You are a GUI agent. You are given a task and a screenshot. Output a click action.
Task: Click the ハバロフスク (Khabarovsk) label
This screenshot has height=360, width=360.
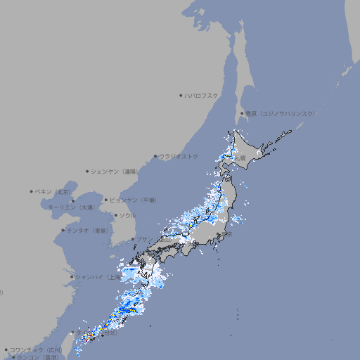(202, 95)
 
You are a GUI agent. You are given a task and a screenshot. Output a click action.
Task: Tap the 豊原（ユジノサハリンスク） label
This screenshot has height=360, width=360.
(280, 113)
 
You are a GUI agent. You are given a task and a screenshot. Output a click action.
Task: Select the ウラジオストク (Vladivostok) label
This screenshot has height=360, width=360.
(179, 156)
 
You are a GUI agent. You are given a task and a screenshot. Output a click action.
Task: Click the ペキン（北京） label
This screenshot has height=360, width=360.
(53, 191)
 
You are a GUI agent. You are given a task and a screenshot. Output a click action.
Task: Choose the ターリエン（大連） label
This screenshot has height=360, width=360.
(70, 207)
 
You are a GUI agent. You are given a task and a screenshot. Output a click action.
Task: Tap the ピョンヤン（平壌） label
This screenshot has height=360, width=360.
(133, 200)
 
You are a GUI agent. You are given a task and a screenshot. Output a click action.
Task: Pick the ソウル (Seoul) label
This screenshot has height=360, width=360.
(127, 215)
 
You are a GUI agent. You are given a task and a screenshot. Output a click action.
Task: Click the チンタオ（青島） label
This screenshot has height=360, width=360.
(88, 230)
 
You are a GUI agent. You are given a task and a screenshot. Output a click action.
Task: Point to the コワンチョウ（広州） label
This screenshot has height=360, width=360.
(35, 349)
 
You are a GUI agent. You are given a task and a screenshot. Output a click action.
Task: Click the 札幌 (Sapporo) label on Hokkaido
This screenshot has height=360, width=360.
(240, 158)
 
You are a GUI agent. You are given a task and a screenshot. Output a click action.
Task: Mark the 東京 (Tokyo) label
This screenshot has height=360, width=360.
(227, 235)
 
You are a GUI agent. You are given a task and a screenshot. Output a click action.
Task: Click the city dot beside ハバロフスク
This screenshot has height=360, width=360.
(181, 95)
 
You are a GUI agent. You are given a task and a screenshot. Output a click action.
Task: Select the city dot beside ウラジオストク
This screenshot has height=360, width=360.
(155, 156)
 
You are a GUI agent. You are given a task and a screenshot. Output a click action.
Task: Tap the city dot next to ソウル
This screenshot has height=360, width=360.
(115, 215)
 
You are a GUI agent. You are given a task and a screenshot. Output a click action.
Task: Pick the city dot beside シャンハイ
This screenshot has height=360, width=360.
(71, 277)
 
